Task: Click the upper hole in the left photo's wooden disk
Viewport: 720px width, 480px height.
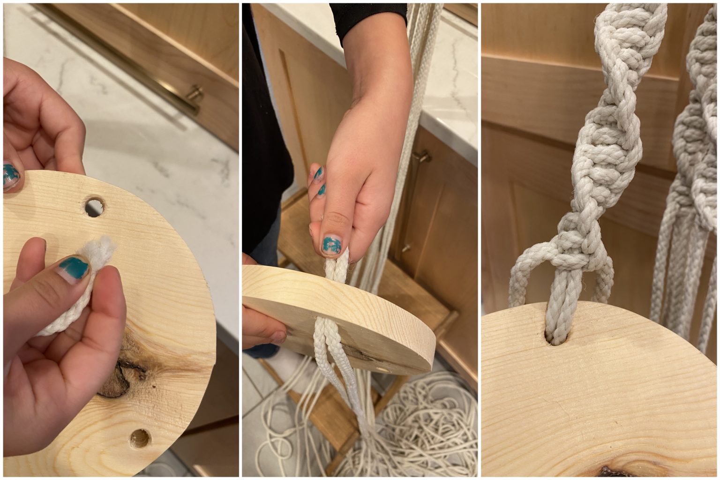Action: (94, 207)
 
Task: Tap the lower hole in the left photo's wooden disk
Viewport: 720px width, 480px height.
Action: (140, 438)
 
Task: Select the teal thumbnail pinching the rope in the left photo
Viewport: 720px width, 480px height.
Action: (74, 268)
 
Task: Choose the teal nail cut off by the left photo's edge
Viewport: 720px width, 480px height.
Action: (10, 176)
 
